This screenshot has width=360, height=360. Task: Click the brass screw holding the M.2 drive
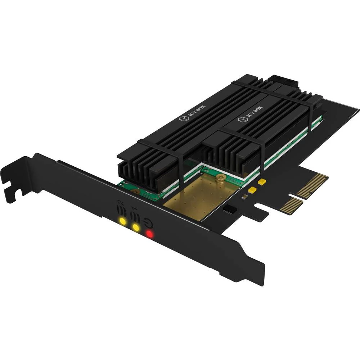pos(220,177)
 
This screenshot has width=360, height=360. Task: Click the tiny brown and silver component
pos(244,197)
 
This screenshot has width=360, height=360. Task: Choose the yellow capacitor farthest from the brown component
pos(262,182)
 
